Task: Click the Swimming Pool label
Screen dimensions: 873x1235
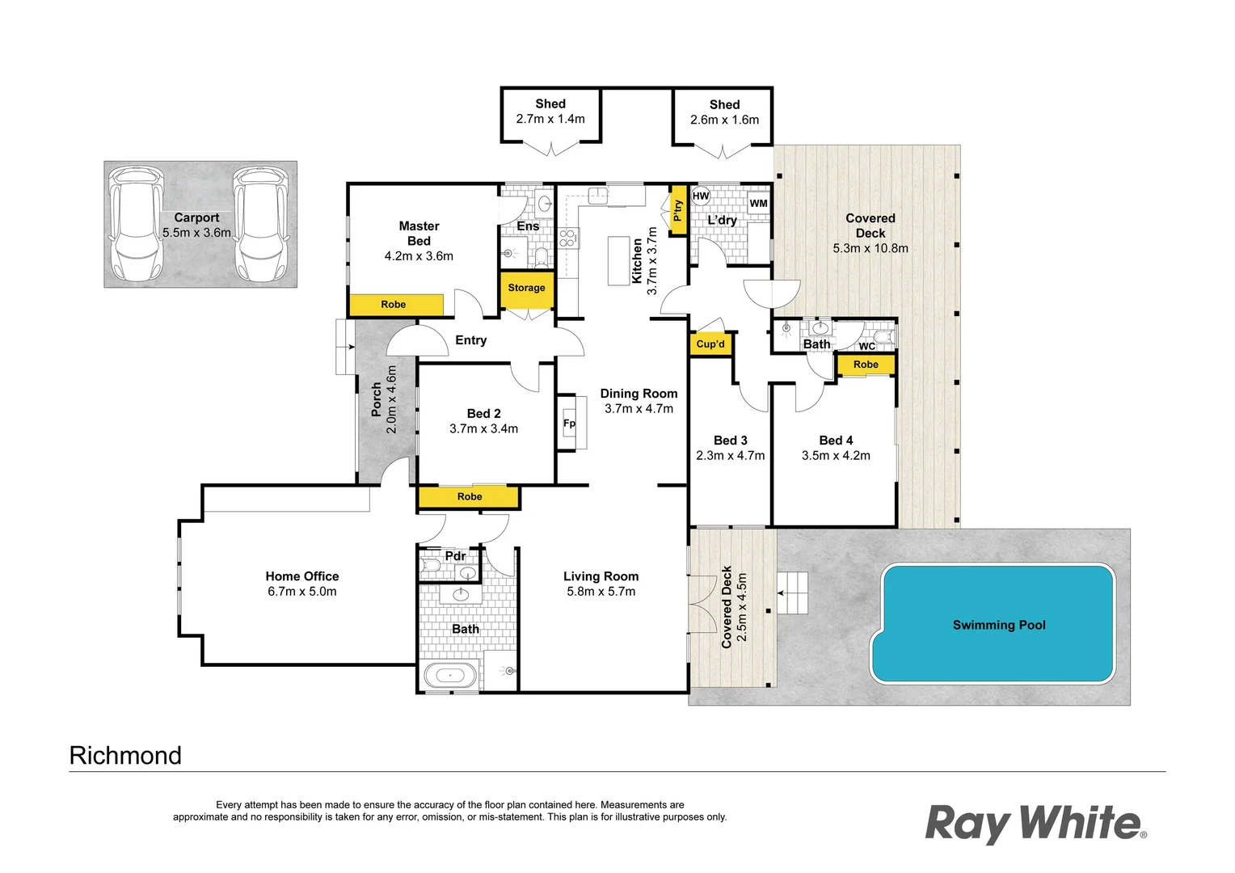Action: coord(999,625)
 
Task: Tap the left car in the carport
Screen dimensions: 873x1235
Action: coord(136,223)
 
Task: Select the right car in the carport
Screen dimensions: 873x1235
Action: coord(261,223)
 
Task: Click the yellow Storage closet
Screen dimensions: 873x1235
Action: coord(527,289)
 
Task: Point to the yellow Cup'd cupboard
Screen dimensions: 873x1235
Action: coord(710,344)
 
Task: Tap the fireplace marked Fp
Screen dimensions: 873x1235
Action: coord(571,423)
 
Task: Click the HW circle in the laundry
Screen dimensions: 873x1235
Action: coord(701,196)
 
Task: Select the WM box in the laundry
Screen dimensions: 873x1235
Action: coord(758,204)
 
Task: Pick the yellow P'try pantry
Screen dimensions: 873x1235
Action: coord(678,210)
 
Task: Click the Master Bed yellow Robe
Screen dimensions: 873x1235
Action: coord(395,305)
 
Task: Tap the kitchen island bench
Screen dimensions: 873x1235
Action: coord(618,259)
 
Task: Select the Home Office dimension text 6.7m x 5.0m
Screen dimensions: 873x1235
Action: coord(302,592)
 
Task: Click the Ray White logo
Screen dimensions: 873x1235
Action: coord(1035,824)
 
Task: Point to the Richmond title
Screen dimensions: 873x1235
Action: coord(125,755)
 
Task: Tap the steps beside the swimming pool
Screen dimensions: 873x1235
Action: coord(792,593)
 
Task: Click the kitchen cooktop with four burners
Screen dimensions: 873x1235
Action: coord(568,238)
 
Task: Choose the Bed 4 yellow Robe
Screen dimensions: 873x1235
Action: coord(866,365)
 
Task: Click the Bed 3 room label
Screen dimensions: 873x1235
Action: coord(730,441)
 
